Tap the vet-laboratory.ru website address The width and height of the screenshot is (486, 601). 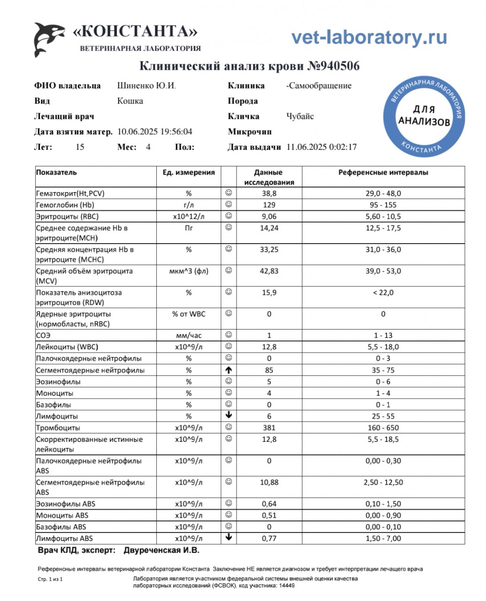[x=369, y=37]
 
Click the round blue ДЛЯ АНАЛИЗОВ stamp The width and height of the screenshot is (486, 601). [x=424, y=116]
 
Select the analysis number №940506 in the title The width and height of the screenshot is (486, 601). [x=333, y=66]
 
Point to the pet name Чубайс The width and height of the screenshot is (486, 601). [x=300, y=116]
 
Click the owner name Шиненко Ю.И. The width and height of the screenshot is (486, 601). [x=147, y=85]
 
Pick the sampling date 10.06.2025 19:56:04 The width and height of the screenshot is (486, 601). [x=154, y=132]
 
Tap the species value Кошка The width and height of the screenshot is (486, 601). [x=130, y=101]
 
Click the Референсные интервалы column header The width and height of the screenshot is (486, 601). [x=383, y=172]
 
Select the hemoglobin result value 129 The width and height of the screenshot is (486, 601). [x=269, y=205]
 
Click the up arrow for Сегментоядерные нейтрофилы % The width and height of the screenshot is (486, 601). [x=229, y=370]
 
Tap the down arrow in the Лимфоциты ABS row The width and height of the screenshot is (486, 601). [x=229, y=538]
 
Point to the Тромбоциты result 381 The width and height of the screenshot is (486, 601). [x=269, y=428]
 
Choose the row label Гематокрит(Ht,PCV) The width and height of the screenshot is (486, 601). [x=70, y=193]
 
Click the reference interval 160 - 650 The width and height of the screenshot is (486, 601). [x=383, y=428]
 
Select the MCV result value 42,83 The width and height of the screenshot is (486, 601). [x=269, y=271]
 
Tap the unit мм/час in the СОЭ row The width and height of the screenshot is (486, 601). [x=189, y=335]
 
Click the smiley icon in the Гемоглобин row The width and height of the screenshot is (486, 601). [x=229, y=204]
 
